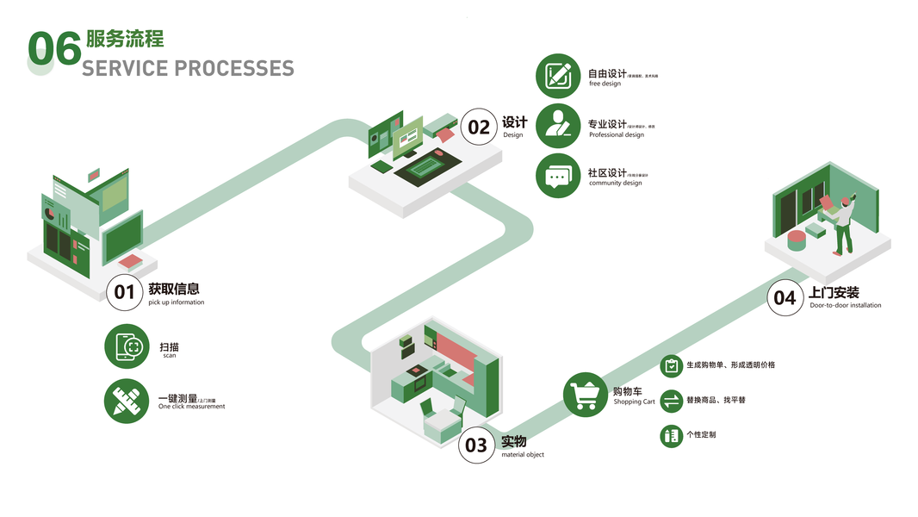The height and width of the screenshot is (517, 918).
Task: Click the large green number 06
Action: [x=54, y=49]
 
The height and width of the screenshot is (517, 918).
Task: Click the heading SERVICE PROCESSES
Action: [x=188, y=68]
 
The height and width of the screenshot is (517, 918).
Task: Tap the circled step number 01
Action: [x=125, y=291]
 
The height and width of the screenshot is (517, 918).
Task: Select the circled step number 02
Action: [x=478, y=127]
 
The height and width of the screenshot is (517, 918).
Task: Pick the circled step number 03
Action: [x=476, y=445]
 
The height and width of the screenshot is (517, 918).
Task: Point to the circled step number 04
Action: [x=785, y=297]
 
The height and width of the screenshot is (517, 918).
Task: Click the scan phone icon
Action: [x=127, y=346]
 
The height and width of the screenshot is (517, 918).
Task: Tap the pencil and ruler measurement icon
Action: [x=127, y=401]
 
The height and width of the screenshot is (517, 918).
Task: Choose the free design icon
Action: [x=558, y=76]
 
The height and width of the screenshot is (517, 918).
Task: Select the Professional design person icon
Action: [x=558, y=126]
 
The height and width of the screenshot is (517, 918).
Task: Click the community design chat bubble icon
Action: [x=558, y=176]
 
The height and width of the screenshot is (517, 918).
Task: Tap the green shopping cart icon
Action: [x=586, y=396]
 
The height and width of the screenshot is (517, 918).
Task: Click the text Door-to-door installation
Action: [x=845, y=305]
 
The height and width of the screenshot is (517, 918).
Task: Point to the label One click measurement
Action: [x=191, y=407]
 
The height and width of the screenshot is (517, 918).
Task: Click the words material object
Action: [x=523, y=455]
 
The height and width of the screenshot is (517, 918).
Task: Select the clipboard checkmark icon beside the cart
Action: [x=670, y=365]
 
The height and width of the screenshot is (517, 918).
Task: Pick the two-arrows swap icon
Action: [x=670, y=401]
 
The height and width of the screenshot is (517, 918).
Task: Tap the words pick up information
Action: [x=176, y=302]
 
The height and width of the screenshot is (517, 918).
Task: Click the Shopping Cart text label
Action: [x=634, y=402]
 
